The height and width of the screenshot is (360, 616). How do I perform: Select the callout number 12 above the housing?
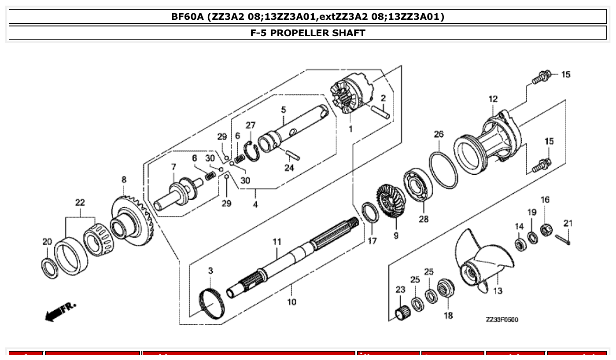[x=493, y=99]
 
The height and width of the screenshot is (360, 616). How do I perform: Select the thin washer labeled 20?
[x=49, y=268]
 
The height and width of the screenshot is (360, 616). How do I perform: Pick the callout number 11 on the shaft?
[x=277, y=242]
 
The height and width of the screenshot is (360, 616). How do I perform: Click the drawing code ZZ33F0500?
[x=502, y=320]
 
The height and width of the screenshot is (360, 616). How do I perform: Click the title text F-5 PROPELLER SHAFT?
[x=308, y=33]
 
